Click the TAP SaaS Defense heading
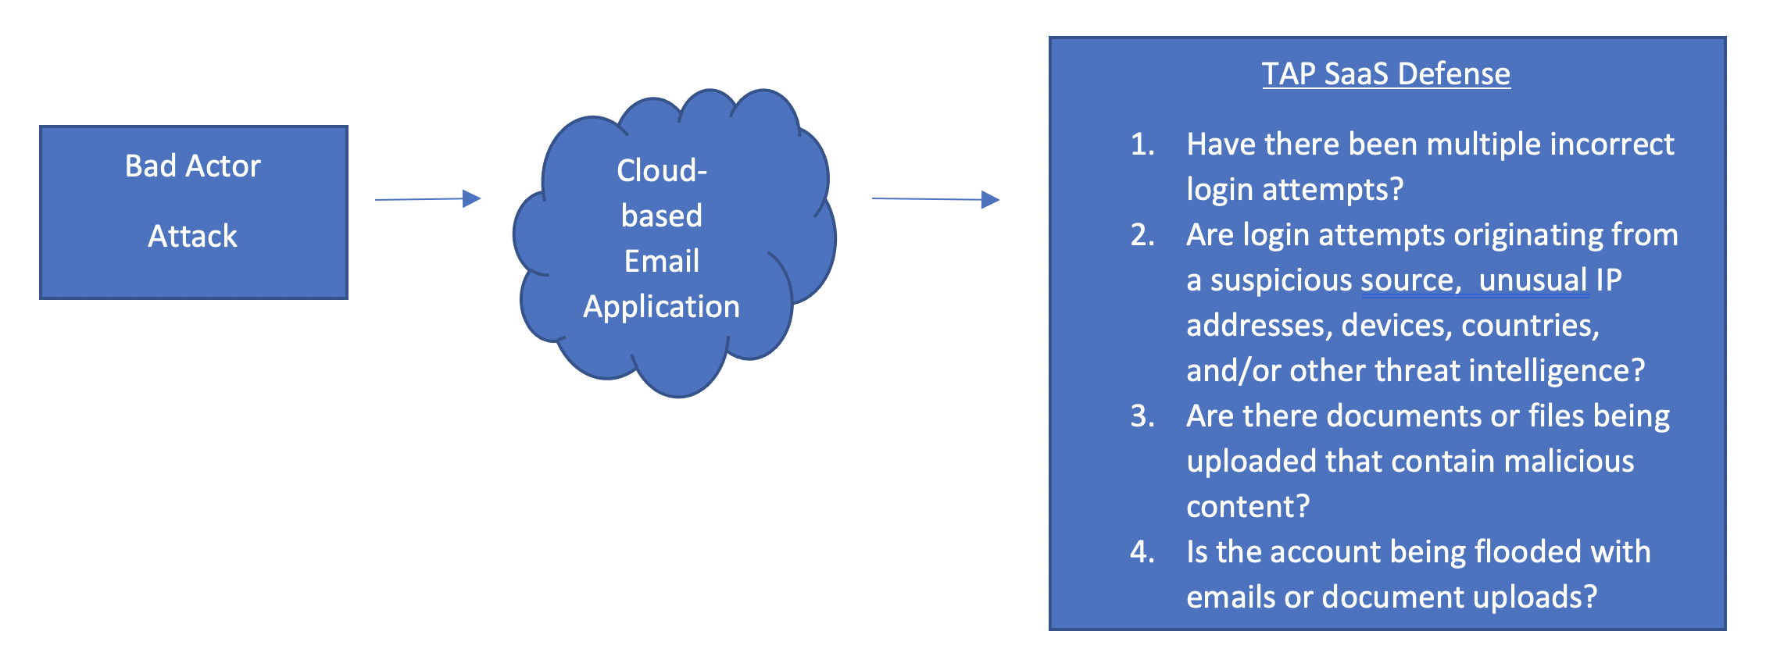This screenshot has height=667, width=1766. pyautogui.click(x=1386, y=74)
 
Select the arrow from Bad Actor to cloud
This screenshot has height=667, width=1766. pyautogui.click(x=427, y=199)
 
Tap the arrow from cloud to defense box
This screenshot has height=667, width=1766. pyautogui.click(x=935, y=199)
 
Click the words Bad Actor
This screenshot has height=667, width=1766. pyautogui.click(x=193, y=166)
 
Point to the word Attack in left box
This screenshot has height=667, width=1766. pyautogui.click(x=193, y=236)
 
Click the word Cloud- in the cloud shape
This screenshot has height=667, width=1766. pyautogui.click(x=662, y=170)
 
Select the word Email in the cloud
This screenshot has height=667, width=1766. pyautogui.click(x=662, y=261)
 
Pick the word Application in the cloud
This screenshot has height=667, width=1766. pyautogui.click(x=662, y=307)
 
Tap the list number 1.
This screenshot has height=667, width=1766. pyautogui.click(x=1142, y=144)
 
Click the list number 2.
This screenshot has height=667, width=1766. pyautogui.click(x=1142, y=235)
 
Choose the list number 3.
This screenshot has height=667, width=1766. pyautogui.click(x=1142, y=416)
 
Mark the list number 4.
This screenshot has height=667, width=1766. pyautogui.click(x=1142, y=552)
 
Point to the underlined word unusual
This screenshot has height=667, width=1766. pyautogui.click(x=1534, y=280)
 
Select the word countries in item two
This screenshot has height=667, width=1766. pyautogui.click(x=1530, y=326)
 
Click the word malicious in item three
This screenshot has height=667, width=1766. pyautogui.click(x=1569, y=462)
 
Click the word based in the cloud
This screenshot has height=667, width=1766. pyautogui.click(x=662, y=216)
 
